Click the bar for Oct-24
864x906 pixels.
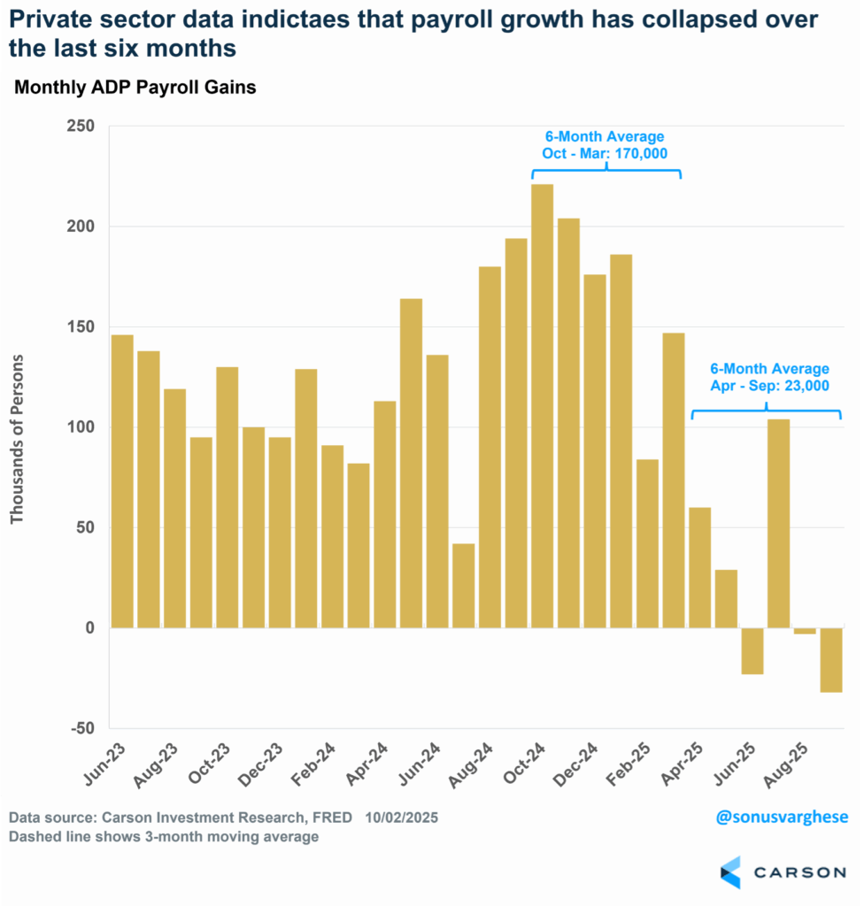[542, 406]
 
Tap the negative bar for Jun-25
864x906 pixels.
[752, 651]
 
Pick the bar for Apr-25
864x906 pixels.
[699, 567]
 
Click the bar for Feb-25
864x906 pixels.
[647, 544]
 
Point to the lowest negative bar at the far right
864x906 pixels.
[831, 660]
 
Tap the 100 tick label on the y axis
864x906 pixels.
[81, 427]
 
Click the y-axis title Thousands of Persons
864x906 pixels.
[17, 439]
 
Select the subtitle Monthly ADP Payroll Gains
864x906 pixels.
[135, 88]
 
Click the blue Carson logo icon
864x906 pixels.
[730, 871]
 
